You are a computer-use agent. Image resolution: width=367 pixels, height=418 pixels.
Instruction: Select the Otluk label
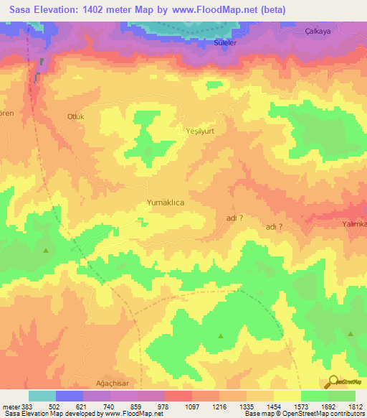[x=75, y=116]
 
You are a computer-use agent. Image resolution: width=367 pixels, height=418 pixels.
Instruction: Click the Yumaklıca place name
[x=166, y=203]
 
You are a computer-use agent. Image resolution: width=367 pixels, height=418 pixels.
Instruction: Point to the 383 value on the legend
[x=24, y=406]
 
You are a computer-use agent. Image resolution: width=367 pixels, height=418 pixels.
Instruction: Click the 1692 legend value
[x=313, y=406]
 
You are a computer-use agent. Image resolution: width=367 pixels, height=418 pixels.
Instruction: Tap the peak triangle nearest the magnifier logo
[x=351, y=334]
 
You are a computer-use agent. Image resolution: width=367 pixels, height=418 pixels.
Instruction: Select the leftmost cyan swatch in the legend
[x=42, y=396]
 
